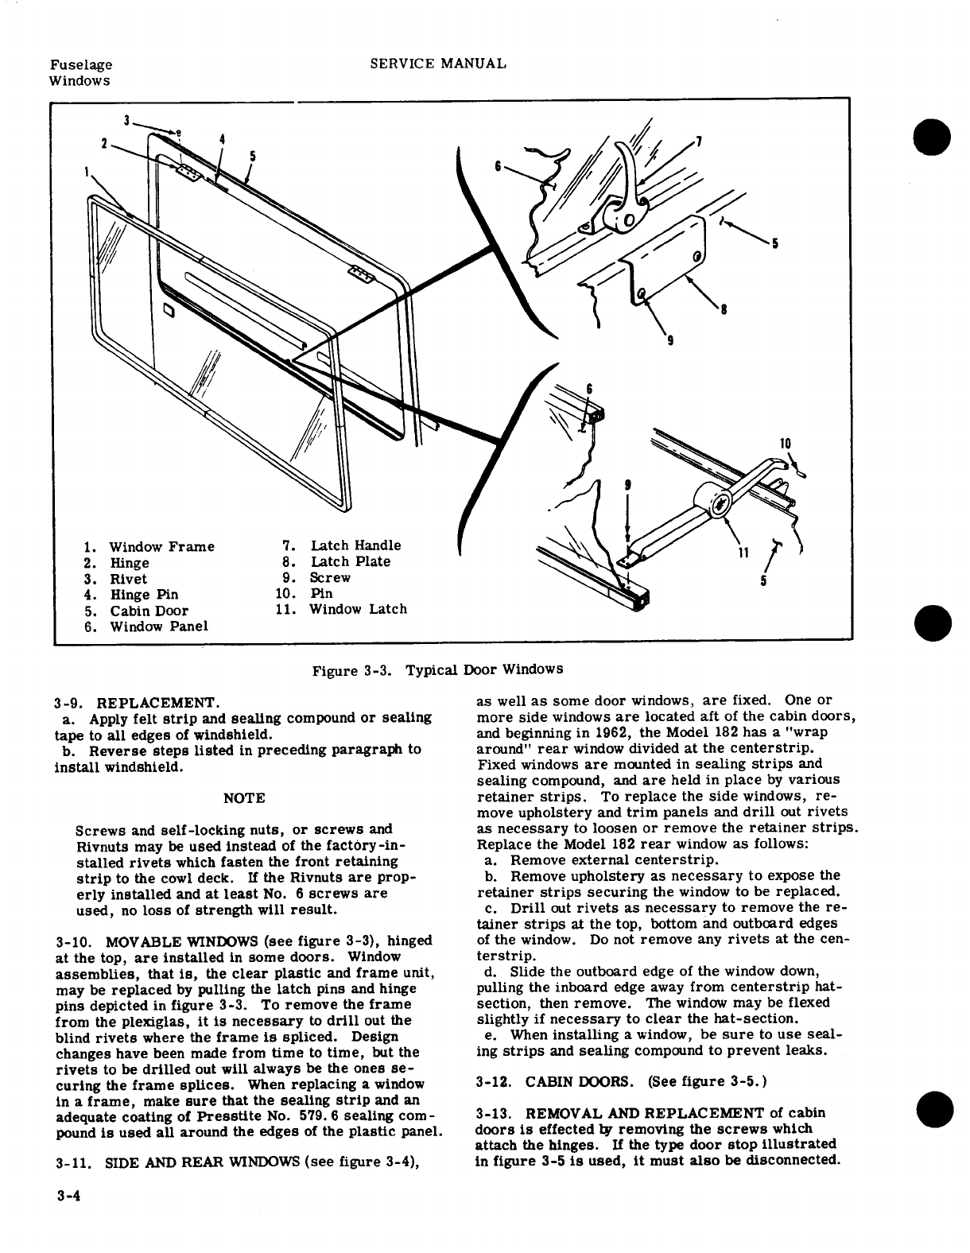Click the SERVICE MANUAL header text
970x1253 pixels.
point(439,64)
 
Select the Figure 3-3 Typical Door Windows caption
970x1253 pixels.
point(436,669)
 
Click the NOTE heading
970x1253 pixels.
point(245,797)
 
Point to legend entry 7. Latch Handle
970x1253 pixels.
point(342,545)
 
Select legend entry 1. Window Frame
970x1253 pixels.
point(149,547)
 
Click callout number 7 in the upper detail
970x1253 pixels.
point(698,142)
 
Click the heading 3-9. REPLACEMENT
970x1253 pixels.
point(135,703)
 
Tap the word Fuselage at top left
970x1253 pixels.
point(80,65)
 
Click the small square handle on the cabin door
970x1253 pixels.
point(169,309)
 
